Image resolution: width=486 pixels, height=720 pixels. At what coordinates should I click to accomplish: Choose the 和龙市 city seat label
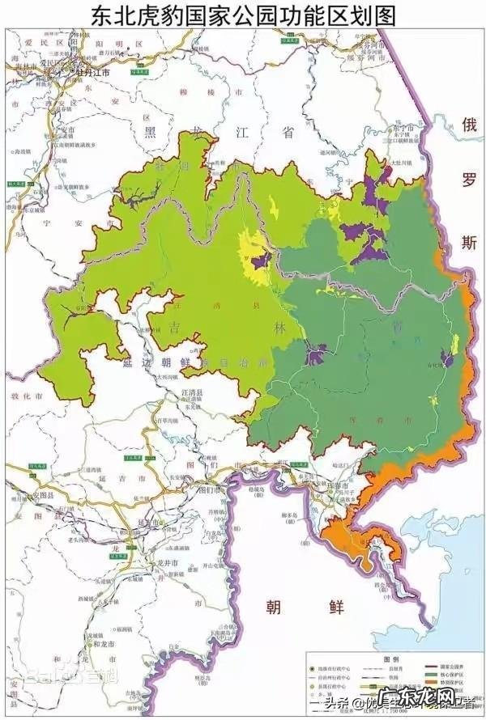(x=103, y=645)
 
